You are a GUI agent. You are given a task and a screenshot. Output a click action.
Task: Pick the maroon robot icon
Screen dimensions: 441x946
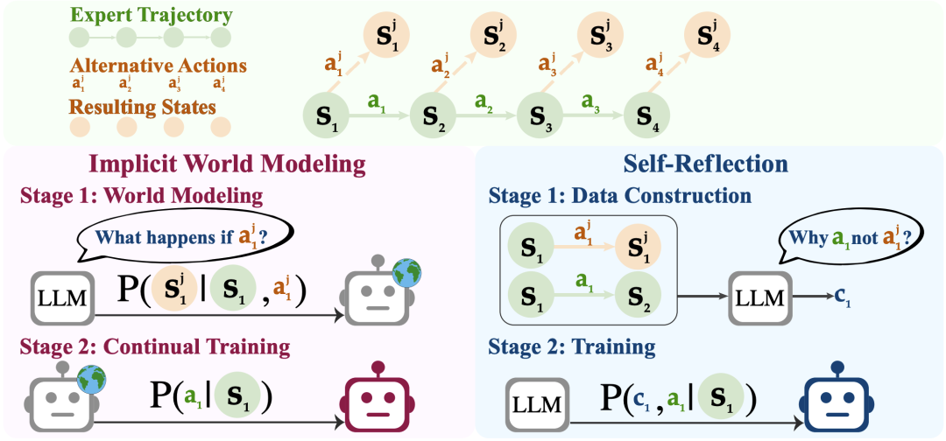point(378,395)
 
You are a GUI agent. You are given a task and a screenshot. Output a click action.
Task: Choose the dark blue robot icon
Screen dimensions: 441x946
point(837,395)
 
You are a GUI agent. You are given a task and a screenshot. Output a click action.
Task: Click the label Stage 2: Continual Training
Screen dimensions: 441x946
point(150,346)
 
